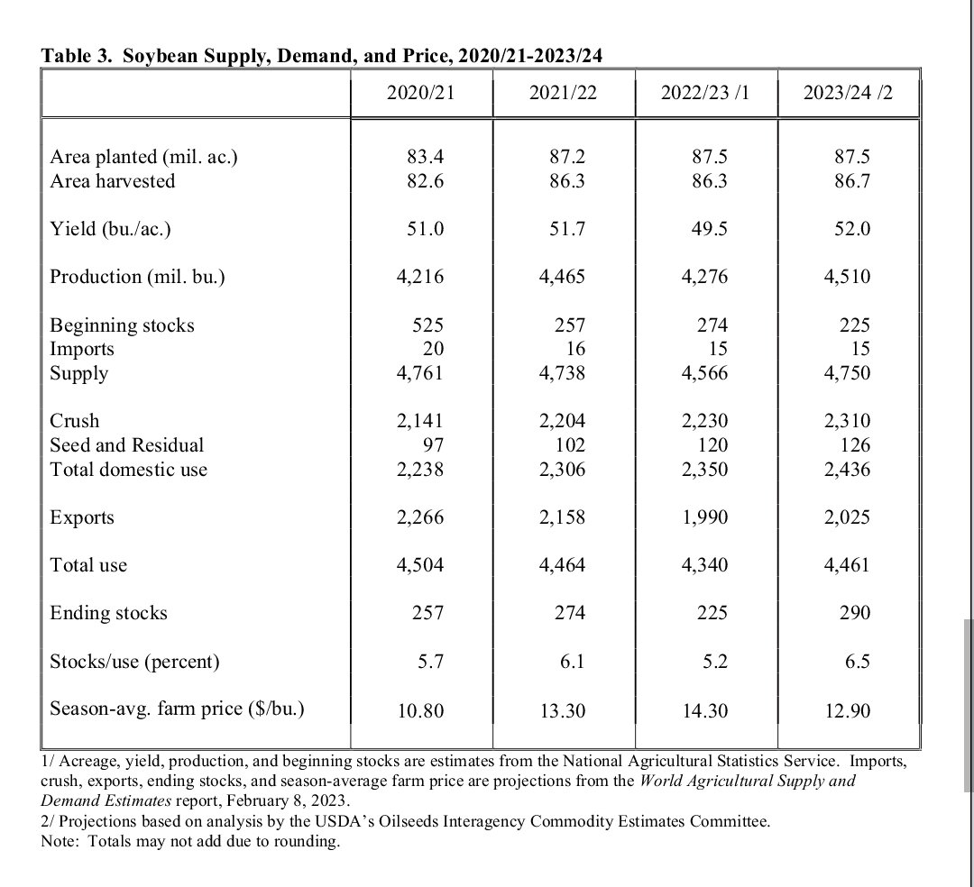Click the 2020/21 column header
click(420, 93)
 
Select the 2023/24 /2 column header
click(847, 93)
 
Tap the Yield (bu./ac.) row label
click(110, 229)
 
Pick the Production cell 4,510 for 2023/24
click(847, 277)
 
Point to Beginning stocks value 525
click(427, 325)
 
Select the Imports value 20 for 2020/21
click(434, 349)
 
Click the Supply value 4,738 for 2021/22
click(562, 373)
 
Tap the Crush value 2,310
click(847, 421)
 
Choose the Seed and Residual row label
click(126, 445)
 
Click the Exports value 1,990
click(705, 517)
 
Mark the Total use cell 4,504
click(420, 565)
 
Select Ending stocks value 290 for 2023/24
click(854, 613)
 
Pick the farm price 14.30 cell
click(705, 711)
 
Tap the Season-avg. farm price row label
click(177, 709)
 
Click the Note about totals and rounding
click(190, 842)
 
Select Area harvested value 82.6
click(426, 181)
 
